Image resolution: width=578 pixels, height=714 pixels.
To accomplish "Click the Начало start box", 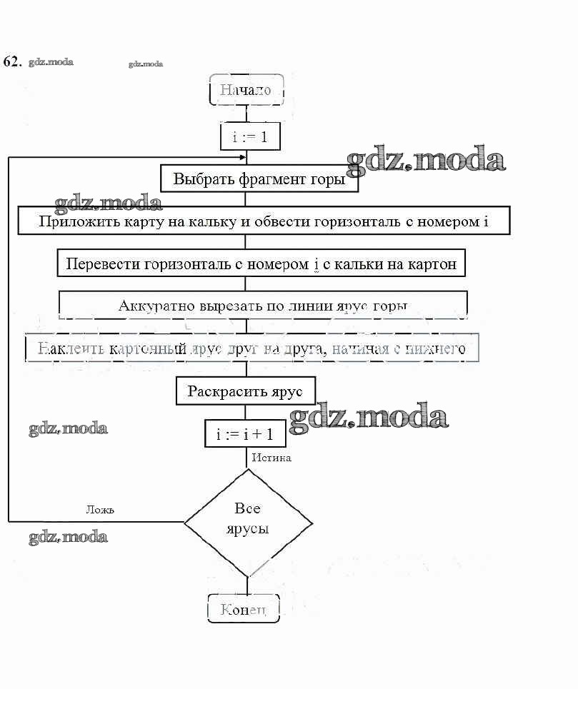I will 246,90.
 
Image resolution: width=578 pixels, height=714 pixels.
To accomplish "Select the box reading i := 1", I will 249,136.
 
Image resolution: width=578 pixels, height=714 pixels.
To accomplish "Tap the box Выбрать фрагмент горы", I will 259,178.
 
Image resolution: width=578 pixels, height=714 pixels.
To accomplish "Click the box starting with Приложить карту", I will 264,221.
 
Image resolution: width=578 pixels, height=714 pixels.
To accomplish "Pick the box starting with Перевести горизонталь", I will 261,263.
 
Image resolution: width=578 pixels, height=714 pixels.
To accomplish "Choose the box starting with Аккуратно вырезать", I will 263,306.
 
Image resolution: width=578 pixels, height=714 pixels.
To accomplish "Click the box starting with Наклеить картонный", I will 251,348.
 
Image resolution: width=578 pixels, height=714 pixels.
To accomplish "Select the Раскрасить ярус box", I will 245,391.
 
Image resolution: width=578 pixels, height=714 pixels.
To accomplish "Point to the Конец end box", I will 244,609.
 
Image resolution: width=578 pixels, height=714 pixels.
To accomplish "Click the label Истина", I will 271,458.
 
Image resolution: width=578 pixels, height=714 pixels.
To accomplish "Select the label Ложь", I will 100,510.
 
